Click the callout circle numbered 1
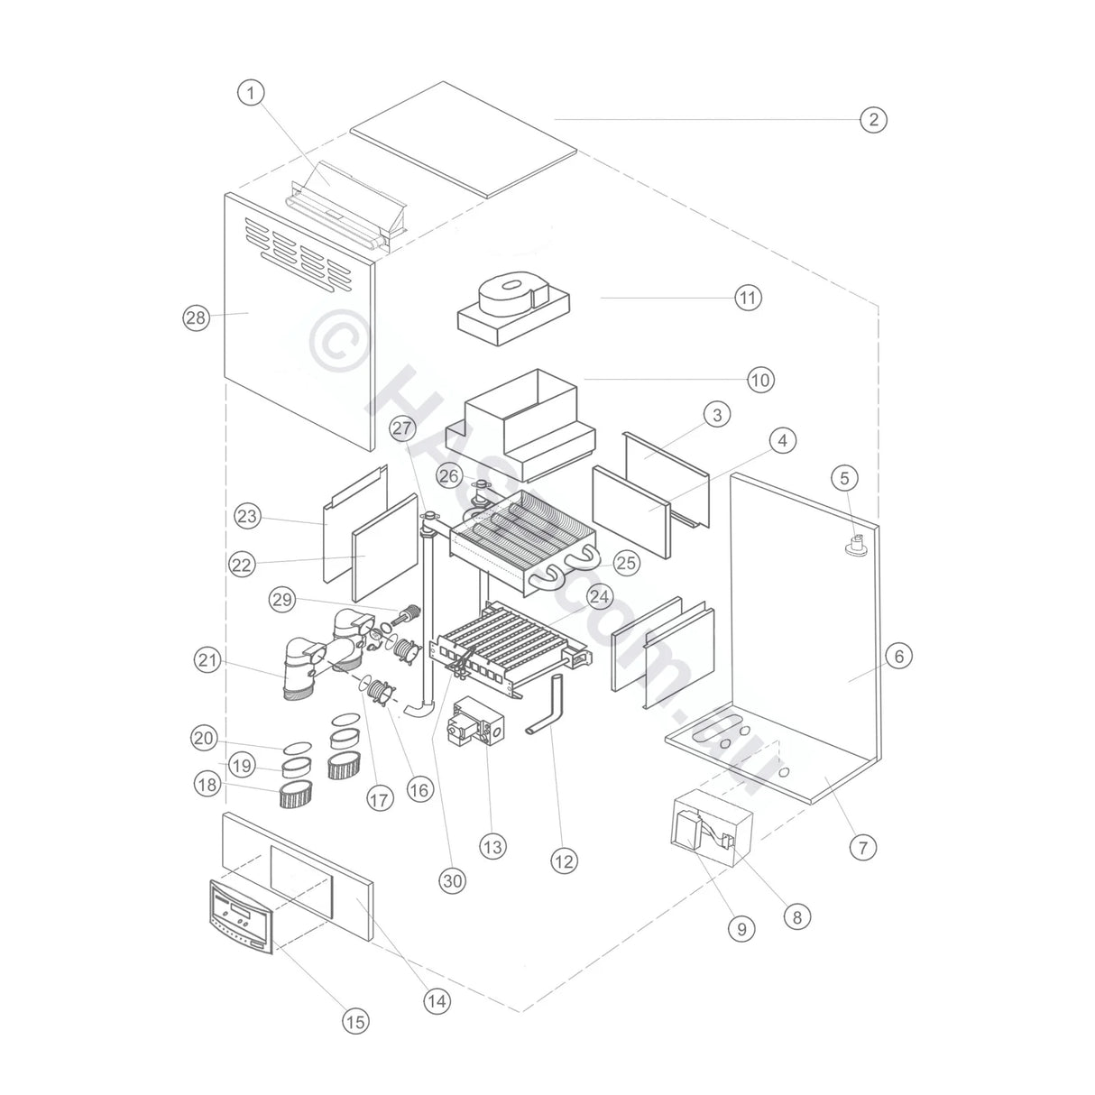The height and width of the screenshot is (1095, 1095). pos(252,91)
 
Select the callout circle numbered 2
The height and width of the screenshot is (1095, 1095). pos(872,119)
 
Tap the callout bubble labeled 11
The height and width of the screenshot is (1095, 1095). pos(748,298)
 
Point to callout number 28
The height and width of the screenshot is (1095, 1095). pos(196,317)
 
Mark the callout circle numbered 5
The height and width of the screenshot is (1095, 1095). pos(845,477)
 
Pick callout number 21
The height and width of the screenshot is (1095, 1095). pos(208,660)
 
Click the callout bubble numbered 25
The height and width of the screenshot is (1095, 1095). pos(626,563)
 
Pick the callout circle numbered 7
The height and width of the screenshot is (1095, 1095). pos(862,847)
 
